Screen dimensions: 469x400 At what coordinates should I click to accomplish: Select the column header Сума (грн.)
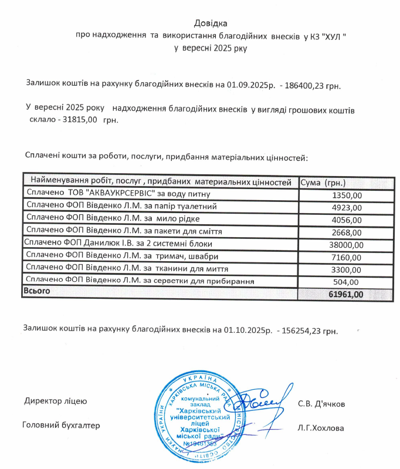323,183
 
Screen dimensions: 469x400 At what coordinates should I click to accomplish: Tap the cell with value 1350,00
347,195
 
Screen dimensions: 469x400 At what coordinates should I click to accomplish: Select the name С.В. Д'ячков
321,404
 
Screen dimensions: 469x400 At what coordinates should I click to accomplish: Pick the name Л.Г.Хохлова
321,427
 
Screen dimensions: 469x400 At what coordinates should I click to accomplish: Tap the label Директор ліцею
56,401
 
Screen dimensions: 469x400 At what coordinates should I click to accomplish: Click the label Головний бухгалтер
61,425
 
